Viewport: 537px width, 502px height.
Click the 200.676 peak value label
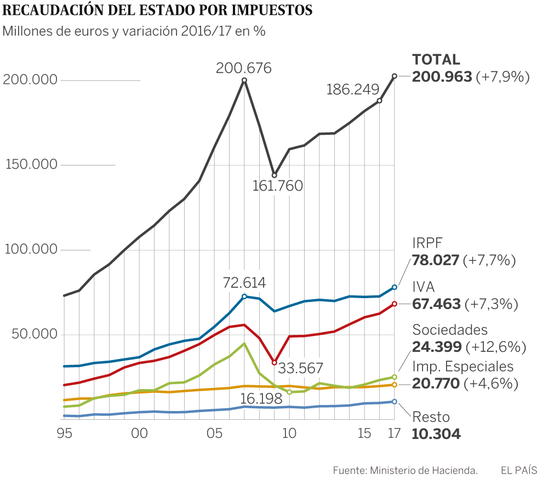pos(244,69)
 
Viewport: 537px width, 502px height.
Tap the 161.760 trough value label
pos(277,186)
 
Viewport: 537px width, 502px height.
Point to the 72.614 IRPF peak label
pos(244,283)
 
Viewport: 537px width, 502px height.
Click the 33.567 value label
pos(300,368)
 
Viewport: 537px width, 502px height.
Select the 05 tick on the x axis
pos(214,433)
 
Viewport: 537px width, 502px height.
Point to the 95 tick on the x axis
pos(65,433)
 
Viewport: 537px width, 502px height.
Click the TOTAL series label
pos(436,60)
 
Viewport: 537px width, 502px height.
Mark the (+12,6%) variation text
pos(495,347)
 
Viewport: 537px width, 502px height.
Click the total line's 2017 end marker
pos(394,76)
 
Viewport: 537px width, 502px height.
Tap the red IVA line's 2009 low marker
pos(275,363)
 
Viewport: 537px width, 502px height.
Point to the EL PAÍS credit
pos(518,470)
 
